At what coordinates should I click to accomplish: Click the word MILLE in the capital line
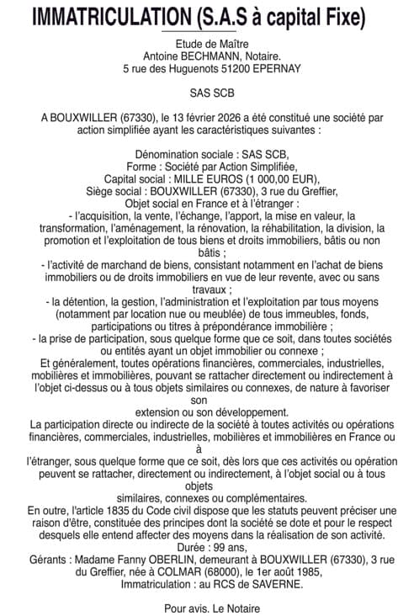coord(194,178)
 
